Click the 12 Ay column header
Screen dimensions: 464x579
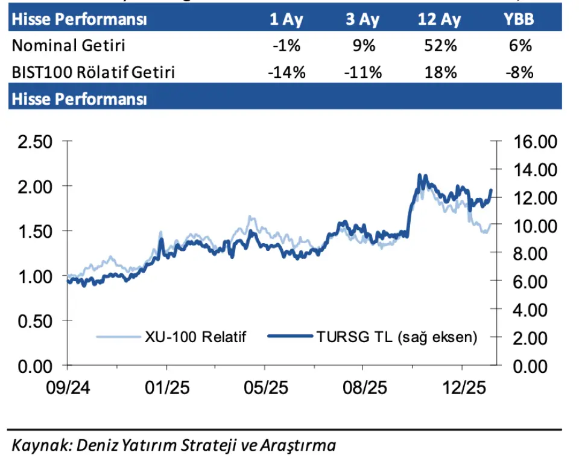coord(440,19)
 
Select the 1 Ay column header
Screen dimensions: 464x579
coord(286,19)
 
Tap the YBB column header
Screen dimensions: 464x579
coord(519,19)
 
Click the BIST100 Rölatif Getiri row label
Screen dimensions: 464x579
coord(93,72)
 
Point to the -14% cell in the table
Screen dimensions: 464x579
coord(286,72)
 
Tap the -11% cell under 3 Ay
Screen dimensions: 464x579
coord(363,72)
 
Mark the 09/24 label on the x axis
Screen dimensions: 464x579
coord(67,387)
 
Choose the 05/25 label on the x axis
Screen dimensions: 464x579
coord(264,387)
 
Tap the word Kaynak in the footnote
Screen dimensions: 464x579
coord(37,446)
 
